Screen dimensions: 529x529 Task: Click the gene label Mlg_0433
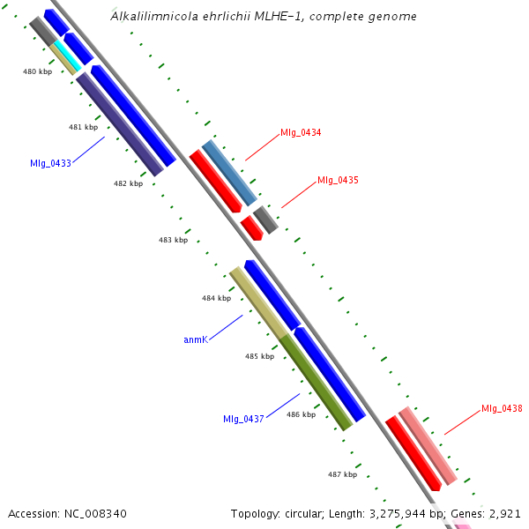coord(49,163)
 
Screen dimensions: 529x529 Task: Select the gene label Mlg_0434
coord(301,133)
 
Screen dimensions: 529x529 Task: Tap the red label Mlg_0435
coord(338,181)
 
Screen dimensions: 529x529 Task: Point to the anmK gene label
coord(195,339)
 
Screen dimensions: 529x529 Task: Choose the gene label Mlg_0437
coord(243,419)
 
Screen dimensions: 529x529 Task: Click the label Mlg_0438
coord(502,409)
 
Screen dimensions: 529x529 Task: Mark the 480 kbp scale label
coord(37,71)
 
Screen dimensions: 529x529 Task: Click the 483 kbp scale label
coord(173,240)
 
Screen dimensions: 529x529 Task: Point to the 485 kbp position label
coord(259,357)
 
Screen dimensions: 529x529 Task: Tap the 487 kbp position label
coord(342,474)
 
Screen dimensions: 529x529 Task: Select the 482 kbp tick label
coord(128,184)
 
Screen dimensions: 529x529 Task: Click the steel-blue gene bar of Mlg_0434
coord(229,172)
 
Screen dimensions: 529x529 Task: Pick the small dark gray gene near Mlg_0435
coord(265,220)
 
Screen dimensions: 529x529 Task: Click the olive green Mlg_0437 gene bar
coord(317,382)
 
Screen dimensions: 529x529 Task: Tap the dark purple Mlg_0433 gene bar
coord(120,124)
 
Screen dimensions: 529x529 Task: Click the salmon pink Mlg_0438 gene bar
coord(428,446)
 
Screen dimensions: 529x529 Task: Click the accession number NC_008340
coord(68,513)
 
